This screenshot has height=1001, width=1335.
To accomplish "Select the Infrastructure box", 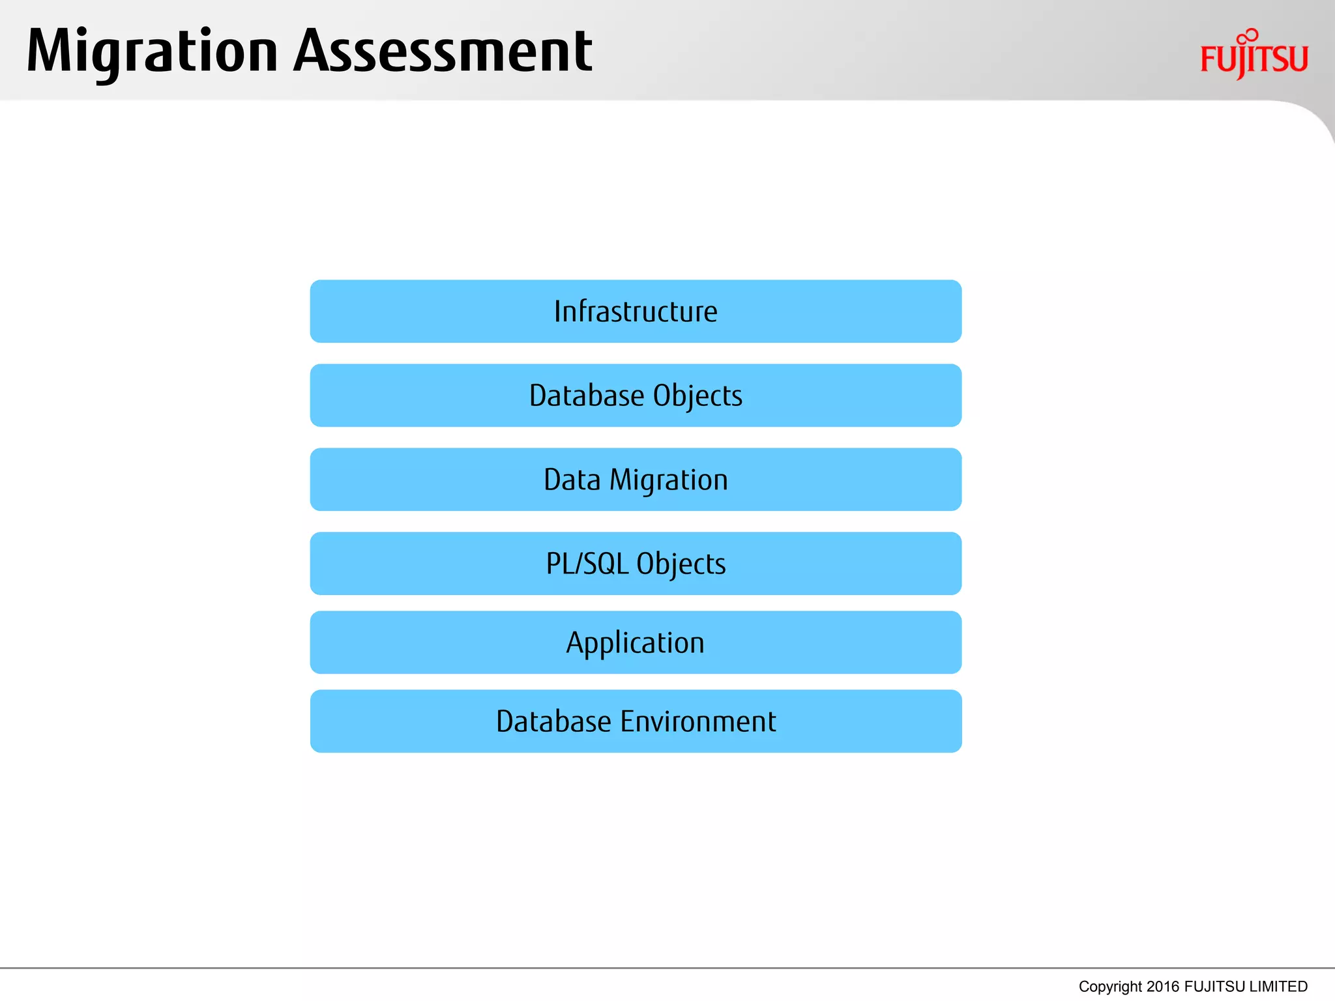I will tap(636, 312).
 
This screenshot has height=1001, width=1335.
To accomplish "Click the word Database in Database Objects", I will tap(586, 396).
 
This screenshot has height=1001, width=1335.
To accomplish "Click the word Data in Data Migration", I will tap(572, 480).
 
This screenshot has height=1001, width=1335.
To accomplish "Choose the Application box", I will tap(636, 643).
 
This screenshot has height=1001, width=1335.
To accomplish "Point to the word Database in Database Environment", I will tap(553, 721).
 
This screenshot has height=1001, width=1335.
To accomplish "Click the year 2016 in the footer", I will tap(1162, 987).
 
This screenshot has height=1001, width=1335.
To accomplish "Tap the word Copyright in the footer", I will tap(1110, 987).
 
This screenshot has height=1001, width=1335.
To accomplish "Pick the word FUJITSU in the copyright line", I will tap(1214, 987).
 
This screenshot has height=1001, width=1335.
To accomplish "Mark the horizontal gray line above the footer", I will tap(667, 968).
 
